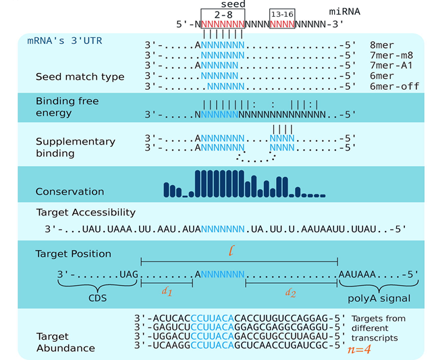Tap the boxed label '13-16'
(281, 15)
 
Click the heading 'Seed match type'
(80, 77)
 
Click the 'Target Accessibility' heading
(86, 212)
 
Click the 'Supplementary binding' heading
(75, 147)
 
